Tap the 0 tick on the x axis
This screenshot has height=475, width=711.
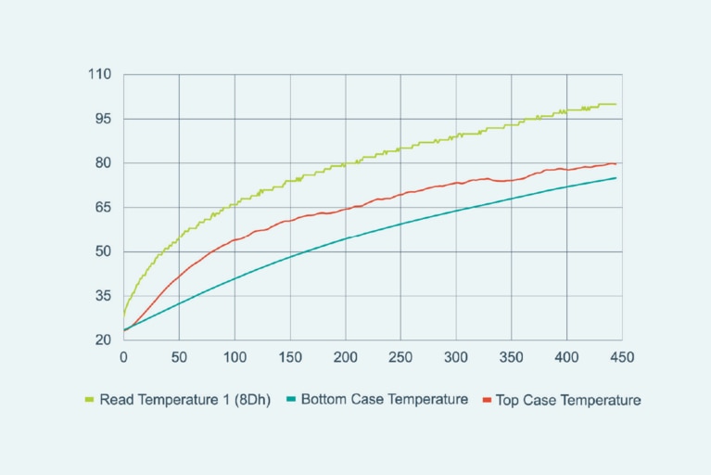(x=123, y=355)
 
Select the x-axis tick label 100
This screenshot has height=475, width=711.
(x=235, y=355)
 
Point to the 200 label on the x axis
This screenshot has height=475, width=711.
(x=345, y=355)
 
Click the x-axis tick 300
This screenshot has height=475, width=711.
(x=456, y=355)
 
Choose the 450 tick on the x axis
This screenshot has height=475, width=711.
(x=622, y=355)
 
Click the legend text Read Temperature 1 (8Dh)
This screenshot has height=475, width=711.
(x=184, y=401)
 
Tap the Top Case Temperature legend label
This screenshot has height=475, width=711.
(x=568, y=401)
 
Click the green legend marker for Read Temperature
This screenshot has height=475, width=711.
(x=89, y=401)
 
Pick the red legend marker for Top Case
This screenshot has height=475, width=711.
(x=487, y=401)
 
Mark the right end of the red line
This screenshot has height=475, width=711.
(x=616, y=163)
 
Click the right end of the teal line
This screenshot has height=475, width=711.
(x=616, y=178)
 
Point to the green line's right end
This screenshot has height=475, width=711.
(x=616, y=104)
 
